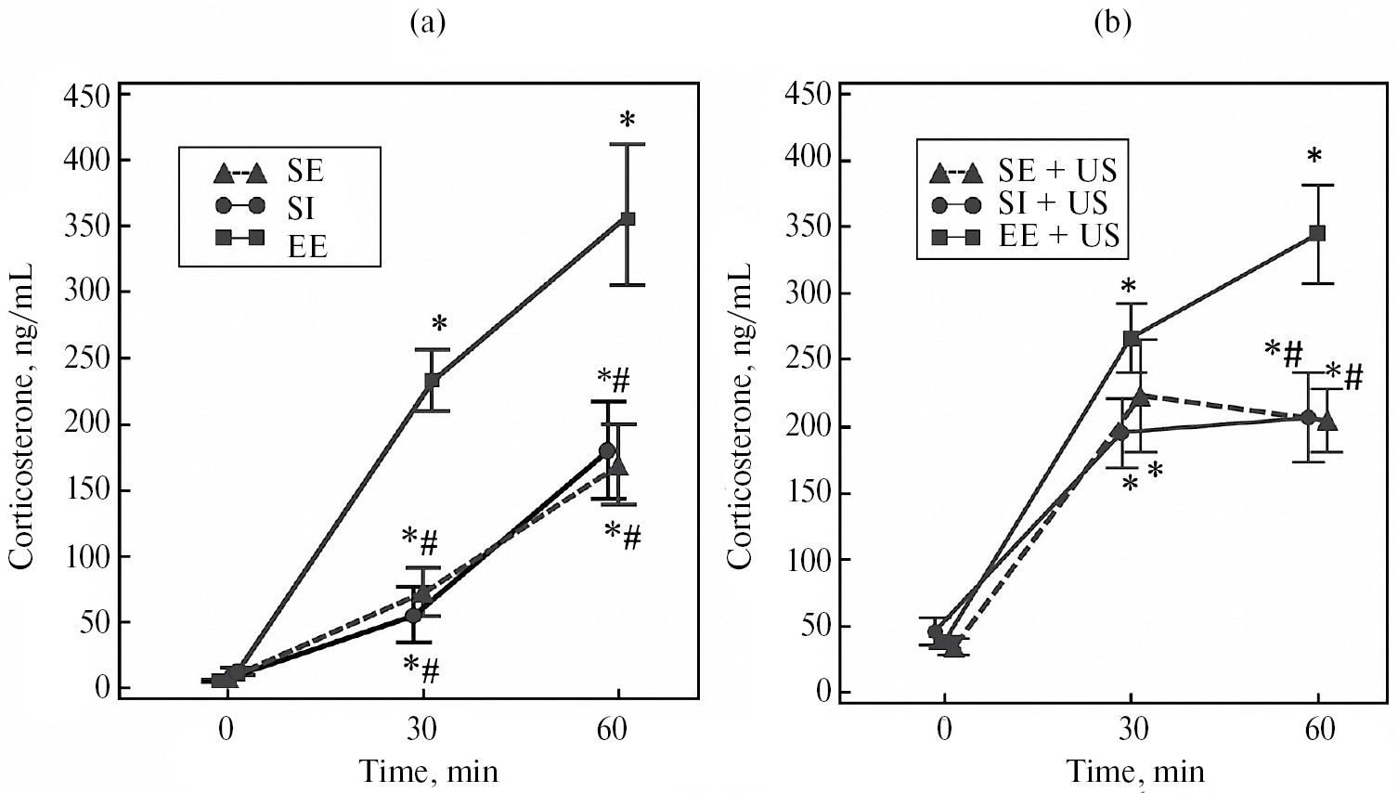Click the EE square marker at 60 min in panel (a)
pos(628,218)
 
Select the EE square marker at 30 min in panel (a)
pos(432,380)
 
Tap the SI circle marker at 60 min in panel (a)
pos(607,450)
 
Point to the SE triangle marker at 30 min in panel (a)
pos(424,591)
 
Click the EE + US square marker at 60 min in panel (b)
pos(1317,232)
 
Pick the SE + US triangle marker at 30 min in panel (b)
pos(1141,396)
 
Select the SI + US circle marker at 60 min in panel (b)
pos(1308,417)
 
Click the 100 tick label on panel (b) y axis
pos(806,560)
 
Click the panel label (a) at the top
pos(428,23)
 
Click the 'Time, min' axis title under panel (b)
pos(1134,770)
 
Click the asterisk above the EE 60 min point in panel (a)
pos(628,121)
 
